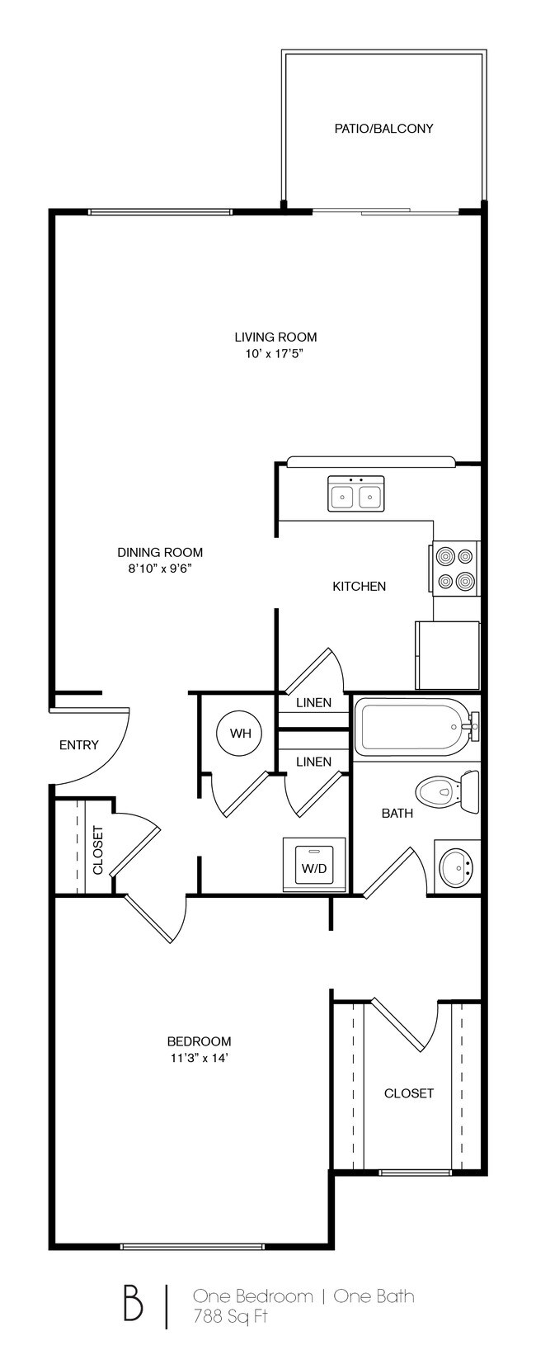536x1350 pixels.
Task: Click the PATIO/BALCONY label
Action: [x=383, y=129]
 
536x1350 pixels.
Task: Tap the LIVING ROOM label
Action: [x=275, y=337]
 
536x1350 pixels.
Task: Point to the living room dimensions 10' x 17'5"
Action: [x=275, y=353]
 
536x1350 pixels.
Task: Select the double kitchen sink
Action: [x=356, y=494]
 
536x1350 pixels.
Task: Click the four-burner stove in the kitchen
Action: [x=455, y=569]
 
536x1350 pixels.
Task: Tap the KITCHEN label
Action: [x=359, y=587]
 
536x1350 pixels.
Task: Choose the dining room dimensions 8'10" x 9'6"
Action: [x=160, y=569]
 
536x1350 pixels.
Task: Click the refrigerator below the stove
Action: [x=448, y=655]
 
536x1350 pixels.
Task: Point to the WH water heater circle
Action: [x=239, y=733]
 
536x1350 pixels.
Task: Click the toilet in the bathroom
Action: [x=447, y=792]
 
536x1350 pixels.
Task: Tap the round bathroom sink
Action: [x=456, y=866]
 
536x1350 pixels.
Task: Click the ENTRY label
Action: [x=79, y=745]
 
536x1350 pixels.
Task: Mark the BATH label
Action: [x=397, y=814]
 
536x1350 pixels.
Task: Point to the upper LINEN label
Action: [x=313, y=703]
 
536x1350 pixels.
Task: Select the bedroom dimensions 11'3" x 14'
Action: [x=199, y=1058]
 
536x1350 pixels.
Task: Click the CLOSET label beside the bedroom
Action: [x=408, y=1093]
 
